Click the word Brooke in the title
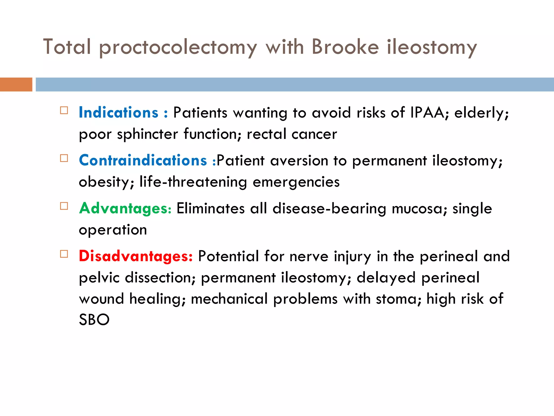[345, 47]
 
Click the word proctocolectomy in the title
[178, 47]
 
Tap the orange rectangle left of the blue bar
[16, 84]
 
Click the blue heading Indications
[118, 112]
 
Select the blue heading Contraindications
[143, 160]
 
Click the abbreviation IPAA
[427, 112]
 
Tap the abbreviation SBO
[94, 320]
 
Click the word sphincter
[147, 134]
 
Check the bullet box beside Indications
[64, 110]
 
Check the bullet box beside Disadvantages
[64, 254]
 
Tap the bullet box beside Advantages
[64, 206]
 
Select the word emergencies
[296, 182]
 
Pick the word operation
[113, 230]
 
